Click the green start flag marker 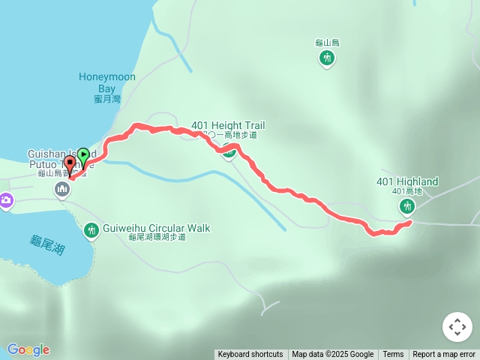click(83, 156)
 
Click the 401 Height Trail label click(228, 125)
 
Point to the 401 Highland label click(407, 181)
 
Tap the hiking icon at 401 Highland click(407, 205)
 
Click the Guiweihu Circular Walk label click(156, 228)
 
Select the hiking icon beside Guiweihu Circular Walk click(91, 229)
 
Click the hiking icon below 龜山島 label click(326, 58)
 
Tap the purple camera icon click(6, 199)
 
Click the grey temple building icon click(61, 190)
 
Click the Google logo click(28, 349)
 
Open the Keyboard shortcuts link click(250, 355)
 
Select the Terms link click(393, 355)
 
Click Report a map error click(444, 355)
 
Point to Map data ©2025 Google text click(332, 355)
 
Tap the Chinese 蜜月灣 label click(107, 99)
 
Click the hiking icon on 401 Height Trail click(229, 154)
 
